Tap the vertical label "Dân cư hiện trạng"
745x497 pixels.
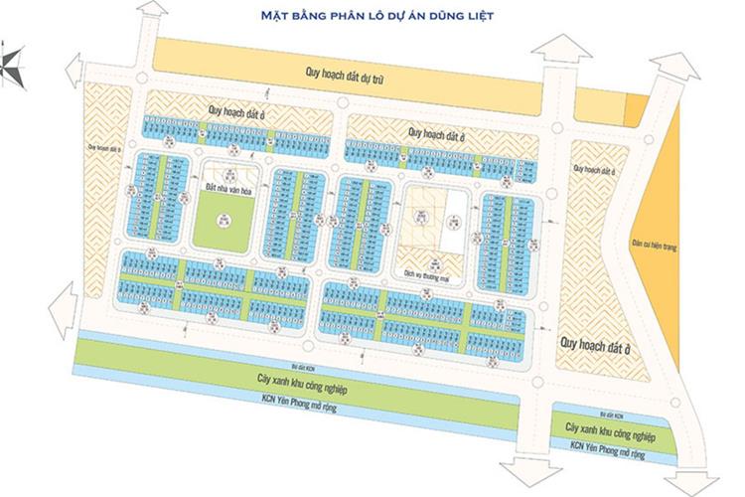pyautogui.click(x=680, y=246)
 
